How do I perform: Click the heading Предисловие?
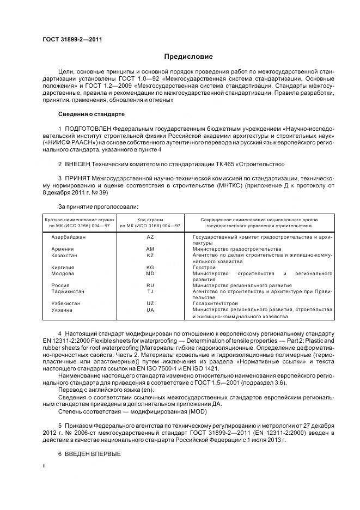tap(188, 57)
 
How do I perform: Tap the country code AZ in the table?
tap(150, 237)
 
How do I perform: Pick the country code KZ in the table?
tap(150, 255)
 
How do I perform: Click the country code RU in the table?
tap(150, 285)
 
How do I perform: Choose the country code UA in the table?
tap(150, 309)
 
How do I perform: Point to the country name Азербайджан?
tap(68, 237)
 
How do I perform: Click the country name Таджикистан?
tap(68, 291)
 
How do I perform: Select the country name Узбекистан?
tap(66, 303)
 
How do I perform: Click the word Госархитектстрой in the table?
tap(215, 303)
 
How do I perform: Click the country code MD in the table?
tap(150, 273)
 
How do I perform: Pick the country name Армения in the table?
tap(62, 249)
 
